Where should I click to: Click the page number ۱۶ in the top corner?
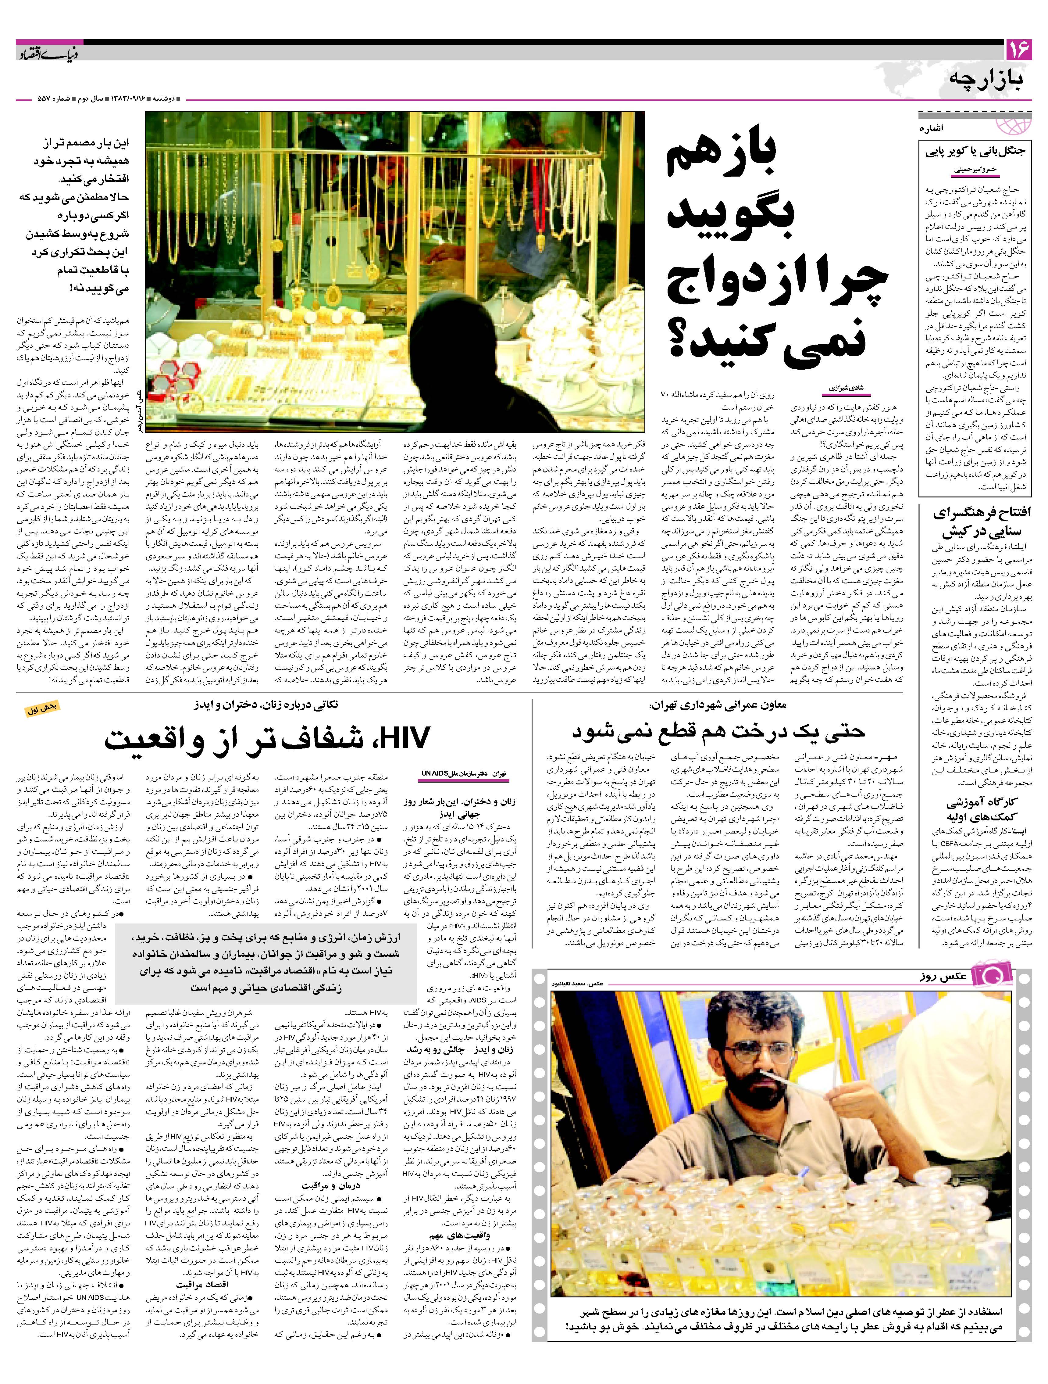pyautogui.click(x=1017, y=50)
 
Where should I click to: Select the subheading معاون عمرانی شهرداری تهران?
pyautogui.click(x=719, y=705)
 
